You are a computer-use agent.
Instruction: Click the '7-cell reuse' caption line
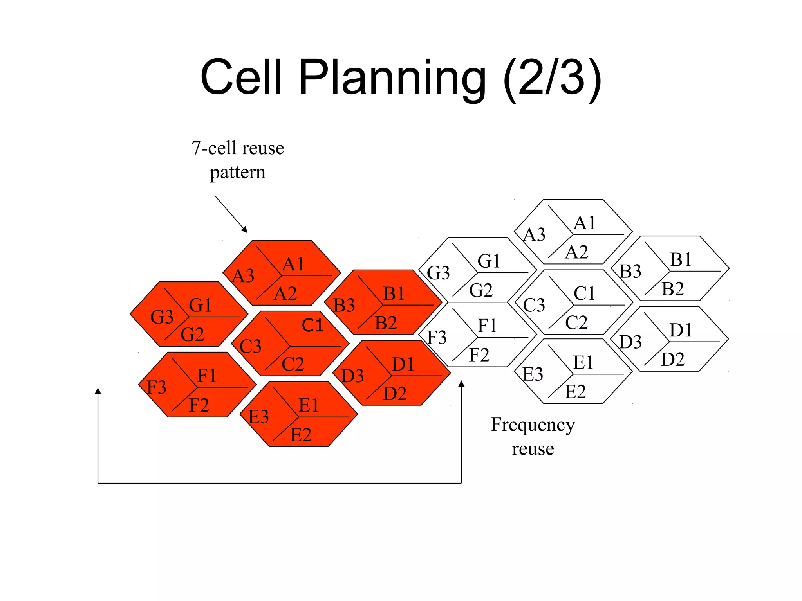pos(238,148)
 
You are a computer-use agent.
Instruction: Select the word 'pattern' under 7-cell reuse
pos(238,172)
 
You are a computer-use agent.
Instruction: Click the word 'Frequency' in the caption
pos(533,425)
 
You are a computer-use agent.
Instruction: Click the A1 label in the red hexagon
pos(293,264)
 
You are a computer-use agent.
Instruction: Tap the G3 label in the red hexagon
pos(162,317)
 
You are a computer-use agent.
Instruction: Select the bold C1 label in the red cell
pos(312,325)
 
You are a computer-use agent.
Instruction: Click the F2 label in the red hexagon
pos(199,405)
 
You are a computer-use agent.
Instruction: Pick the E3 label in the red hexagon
pos(258,417)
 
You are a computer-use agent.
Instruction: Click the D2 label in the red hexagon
pos(395,394)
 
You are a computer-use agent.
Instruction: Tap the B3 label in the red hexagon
pos(344,305)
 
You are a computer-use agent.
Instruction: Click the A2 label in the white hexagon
pos(576,252)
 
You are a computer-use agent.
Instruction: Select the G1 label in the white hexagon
pos(489,261)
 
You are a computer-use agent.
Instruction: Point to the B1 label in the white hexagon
pos(681,259)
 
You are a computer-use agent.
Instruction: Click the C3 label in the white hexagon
pos(534,305)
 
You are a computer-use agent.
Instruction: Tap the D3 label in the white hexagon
pos(630,342)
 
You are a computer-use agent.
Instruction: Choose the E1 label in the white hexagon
pos(583,363)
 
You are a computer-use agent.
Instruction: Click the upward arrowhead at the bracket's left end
pos(98,391)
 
